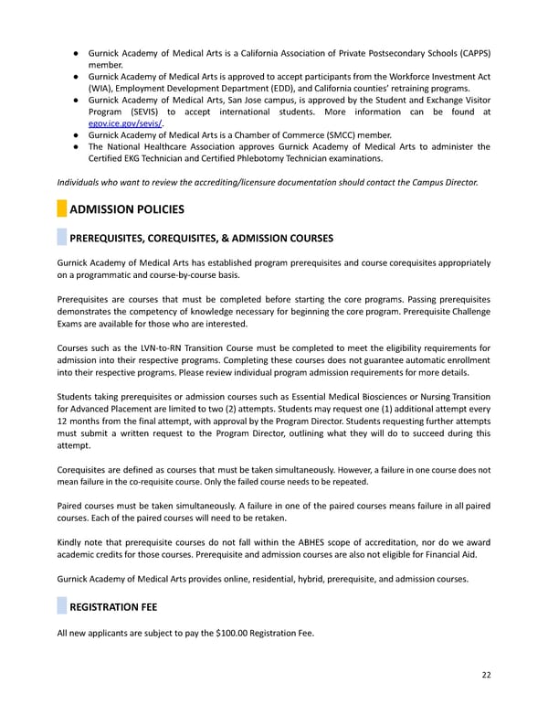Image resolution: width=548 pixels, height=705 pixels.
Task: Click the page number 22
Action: point(486,676)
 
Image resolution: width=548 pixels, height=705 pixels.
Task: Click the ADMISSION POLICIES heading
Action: point(127,209)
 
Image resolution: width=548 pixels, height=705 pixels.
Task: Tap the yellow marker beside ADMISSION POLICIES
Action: point(61,209)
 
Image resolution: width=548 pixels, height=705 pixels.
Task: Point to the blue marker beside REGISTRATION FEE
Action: point(61,605)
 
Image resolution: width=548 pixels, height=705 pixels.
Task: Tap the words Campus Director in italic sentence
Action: point(446,182)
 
